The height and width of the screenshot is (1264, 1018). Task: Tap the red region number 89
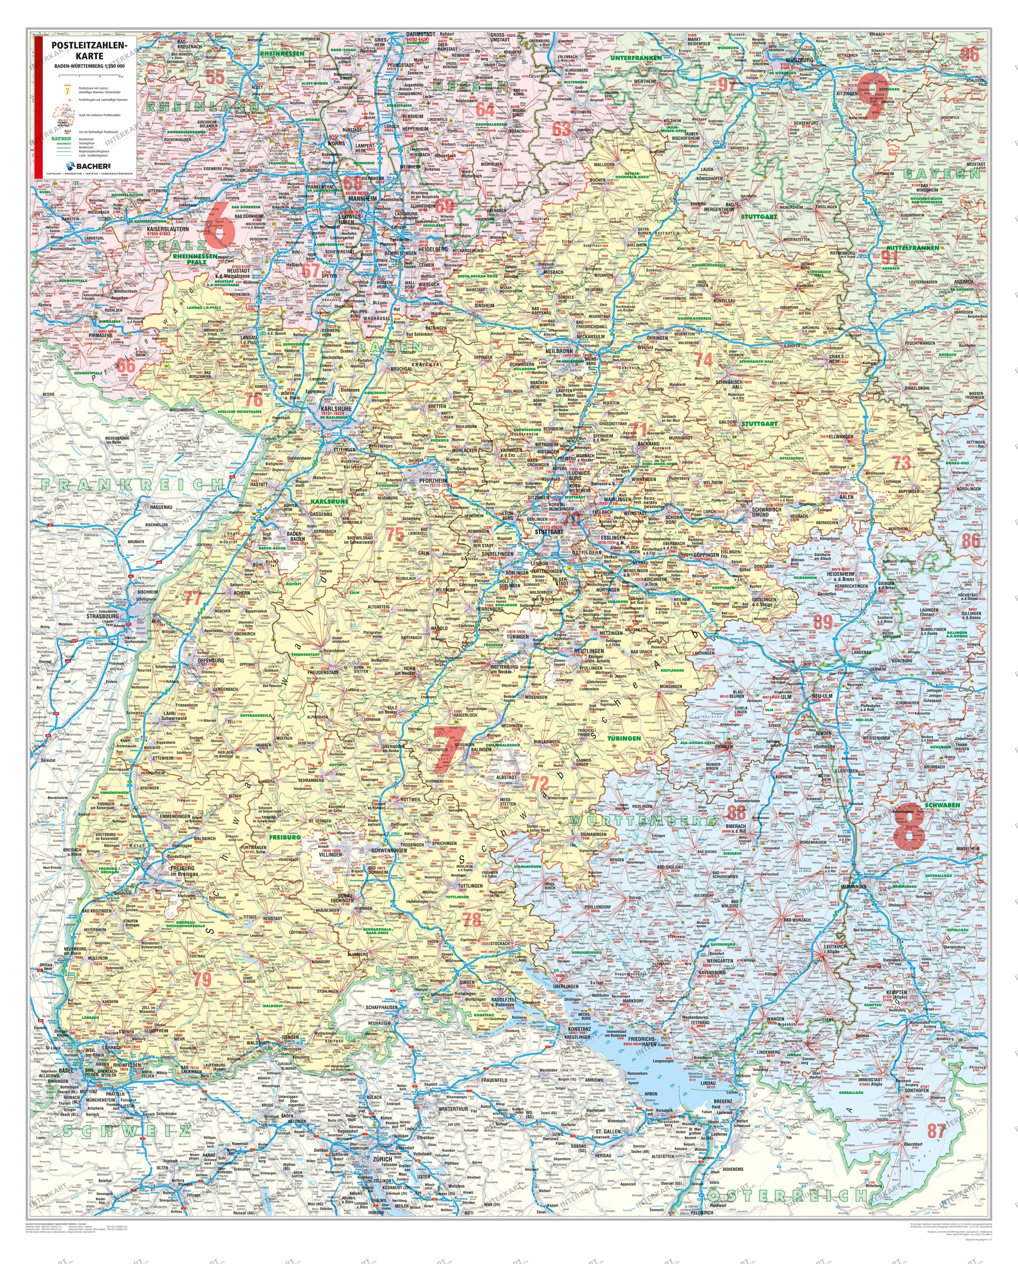(x=823, y=622)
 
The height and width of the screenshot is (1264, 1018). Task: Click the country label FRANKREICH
(x=132, y=484)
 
